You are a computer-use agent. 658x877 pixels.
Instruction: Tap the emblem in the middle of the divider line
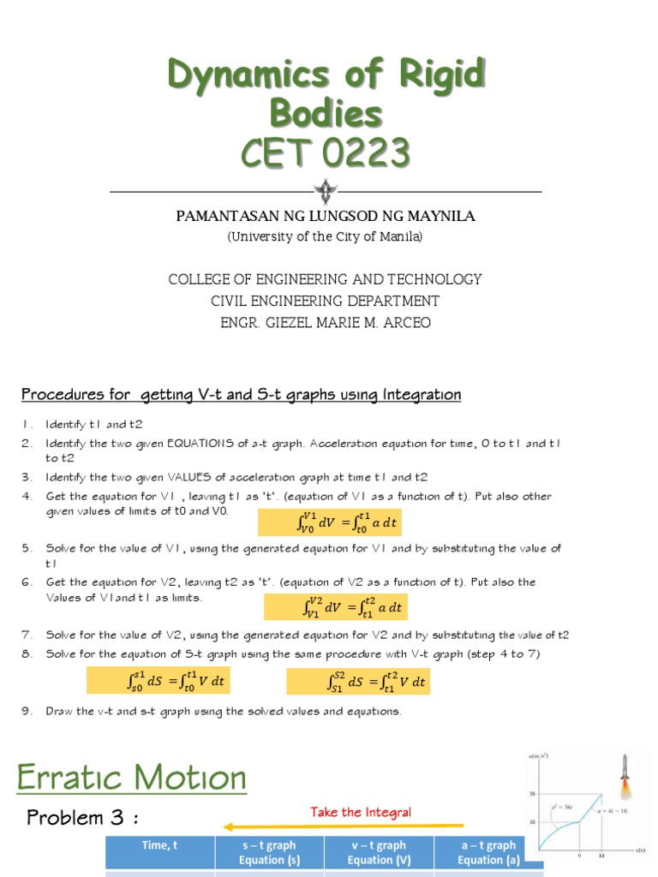tap(326, 191)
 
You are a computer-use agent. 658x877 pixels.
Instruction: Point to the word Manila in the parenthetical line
tap(399, 236)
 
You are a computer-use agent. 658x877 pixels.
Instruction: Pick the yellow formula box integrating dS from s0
tap(160, 682)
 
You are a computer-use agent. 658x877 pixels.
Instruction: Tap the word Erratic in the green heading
tap(72, 779)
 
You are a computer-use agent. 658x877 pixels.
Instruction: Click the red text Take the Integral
tap(361, 812)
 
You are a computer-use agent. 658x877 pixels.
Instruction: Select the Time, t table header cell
tap(159, 845)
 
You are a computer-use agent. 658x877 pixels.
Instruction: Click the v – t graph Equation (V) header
tap(379, 852)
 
